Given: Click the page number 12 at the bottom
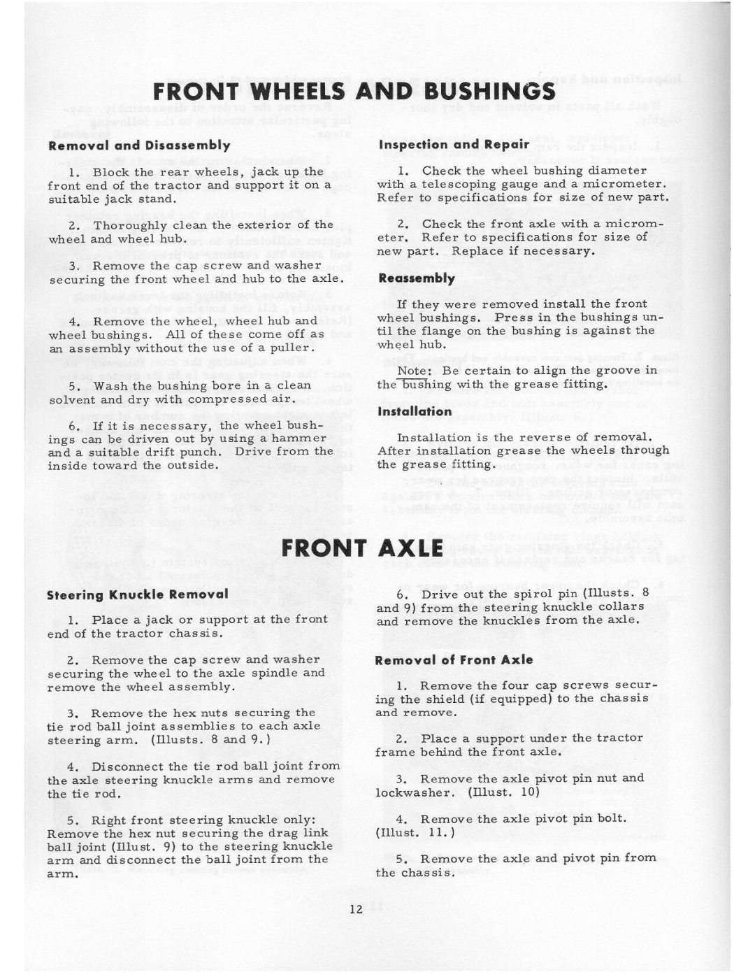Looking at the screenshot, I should click(x=356, y=909).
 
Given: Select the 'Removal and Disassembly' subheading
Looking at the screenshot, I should click(x=139, y=145).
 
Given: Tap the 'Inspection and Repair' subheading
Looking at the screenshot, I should click(x=454, y=145).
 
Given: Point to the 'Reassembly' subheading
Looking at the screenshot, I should click(x=417, y=278).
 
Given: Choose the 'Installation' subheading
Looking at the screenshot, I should click(x=415, y=411).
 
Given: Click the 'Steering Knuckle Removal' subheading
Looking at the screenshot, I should click(x=138, y=594).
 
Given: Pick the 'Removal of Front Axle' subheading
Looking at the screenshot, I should click(x=454, y=659).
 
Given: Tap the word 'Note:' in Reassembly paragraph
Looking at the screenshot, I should click(x=412, y=371).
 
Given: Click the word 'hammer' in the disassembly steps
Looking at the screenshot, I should click(x=299, y=438).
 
